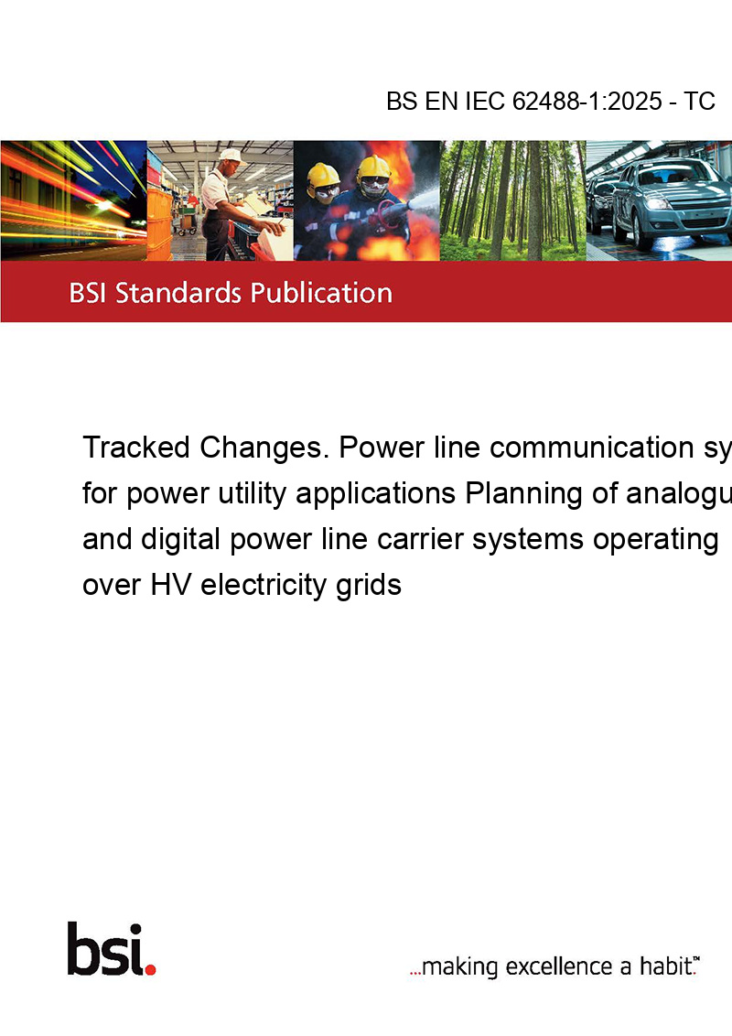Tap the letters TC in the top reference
tap(699, 102)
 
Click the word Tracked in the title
tap(136, 448)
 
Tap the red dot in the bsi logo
tap(150, 969)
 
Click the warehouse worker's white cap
tap(230, 156)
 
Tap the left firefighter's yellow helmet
tap(323, 175)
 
